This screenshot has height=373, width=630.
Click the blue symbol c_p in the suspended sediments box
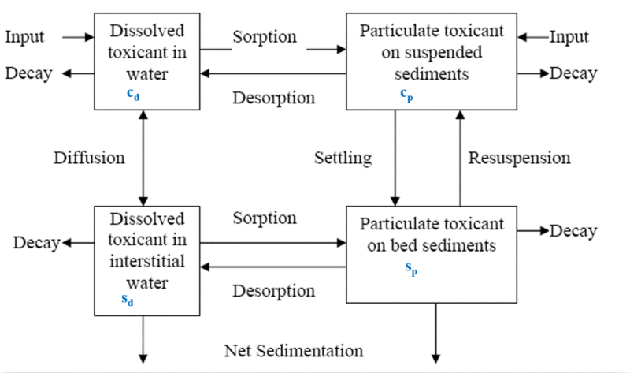tap(405, 95)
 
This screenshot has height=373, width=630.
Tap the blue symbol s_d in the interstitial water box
tap(126, 299)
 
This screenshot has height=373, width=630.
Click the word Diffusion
tap(89, 158)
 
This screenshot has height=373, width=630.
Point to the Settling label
tap(342, 158)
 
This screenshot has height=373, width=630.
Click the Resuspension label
tap(519, 158)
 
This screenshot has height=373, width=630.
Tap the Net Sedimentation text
tap(294, 350)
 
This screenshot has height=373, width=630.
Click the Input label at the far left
tap(25, 36)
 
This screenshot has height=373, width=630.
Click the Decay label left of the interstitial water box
tap(36, 242)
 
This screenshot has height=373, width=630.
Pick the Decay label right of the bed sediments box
tap(573, 231)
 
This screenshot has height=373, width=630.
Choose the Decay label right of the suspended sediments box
tap(573, 73)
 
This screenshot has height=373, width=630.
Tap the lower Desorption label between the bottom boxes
tap(273, 291)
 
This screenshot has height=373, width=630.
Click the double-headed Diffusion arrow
tap(143, 158)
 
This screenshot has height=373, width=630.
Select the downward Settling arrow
tap(395, 158)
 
